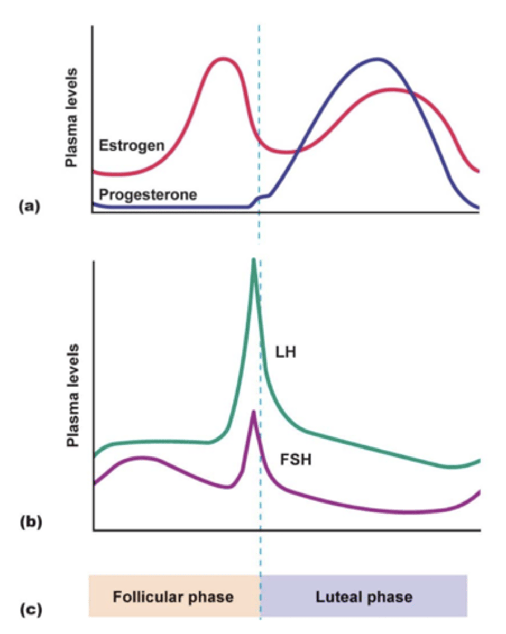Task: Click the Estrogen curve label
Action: pyautogui.click(x=132, y=145)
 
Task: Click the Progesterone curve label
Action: pyautogui.click(x=148, y=194)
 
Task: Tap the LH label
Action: pyautogui.click(x=285, y=352)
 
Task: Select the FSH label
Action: pyautogui.click(x=296, y=460)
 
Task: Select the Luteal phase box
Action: pyautogui.click(x=364, y=596)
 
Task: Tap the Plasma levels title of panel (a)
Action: pyautogui.click(x=72, y=117)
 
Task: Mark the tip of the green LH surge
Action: pyautogui.click(x=254, y=260)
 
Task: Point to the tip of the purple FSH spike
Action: pyautogui.click(x=254, y=412)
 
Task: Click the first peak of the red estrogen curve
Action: pyautogui.click(x=224, y=59)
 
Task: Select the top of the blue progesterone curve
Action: pyautogui.click(x=377, y=59)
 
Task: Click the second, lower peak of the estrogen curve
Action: pyautogui.click(x=392, y=89)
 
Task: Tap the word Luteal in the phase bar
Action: pyautogui.click(x=338, y=597)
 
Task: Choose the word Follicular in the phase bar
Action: pyautogui.click(x=146, y=597)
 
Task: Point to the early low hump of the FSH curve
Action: pyautogui.click(x=141, y=458)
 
